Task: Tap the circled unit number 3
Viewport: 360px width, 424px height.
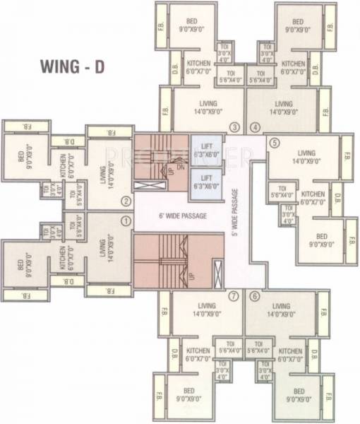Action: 235,127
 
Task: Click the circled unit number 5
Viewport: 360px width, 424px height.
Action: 275,141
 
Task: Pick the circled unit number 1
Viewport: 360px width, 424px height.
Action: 126,220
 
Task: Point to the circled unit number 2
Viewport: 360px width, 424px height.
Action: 126,201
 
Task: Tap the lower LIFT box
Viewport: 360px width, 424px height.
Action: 206,182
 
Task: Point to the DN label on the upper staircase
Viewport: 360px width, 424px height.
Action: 181,167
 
